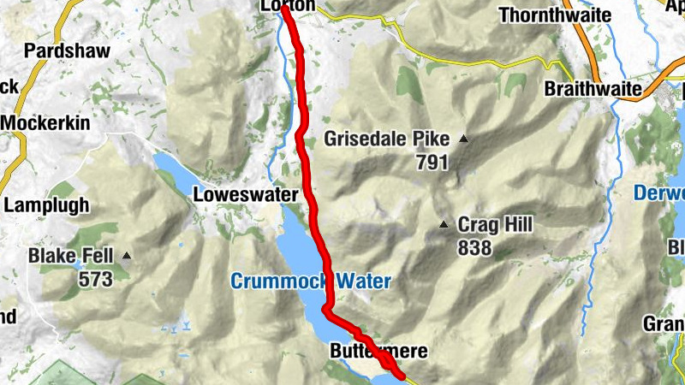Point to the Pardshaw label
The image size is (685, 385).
pyautogui.click(x=68, y=50)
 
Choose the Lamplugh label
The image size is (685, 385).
pyautogui.click(x=47, y=205)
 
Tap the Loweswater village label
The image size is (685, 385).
pyautogui.click(x=246, y=194)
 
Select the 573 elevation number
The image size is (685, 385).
pyautogui.click(x=95, y=279)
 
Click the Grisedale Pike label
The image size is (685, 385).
pyautogui.click(x=386, y=139)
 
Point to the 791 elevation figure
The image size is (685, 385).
pyautogui.click(x=432, y=162)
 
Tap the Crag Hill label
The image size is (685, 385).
pyautogui.click(x=494, y=225)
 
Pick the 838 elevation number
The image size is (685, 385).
pyautogui.click(x=475, y=248)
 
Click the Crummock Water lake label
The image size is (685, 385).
pyautogui.click(x=310, y=281)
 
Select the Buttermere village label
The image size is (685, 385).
pyautogui.click(x=377, y=352)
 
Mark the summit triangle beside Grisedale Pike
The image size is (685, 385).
pyautogui.click(x=464, y=139)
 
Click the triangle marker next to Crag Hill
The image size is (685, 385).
pyautogui.click(x=444, y=226)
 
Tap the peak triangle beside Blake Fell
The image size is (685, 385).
pyautogui.click(x=127, y=255)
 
